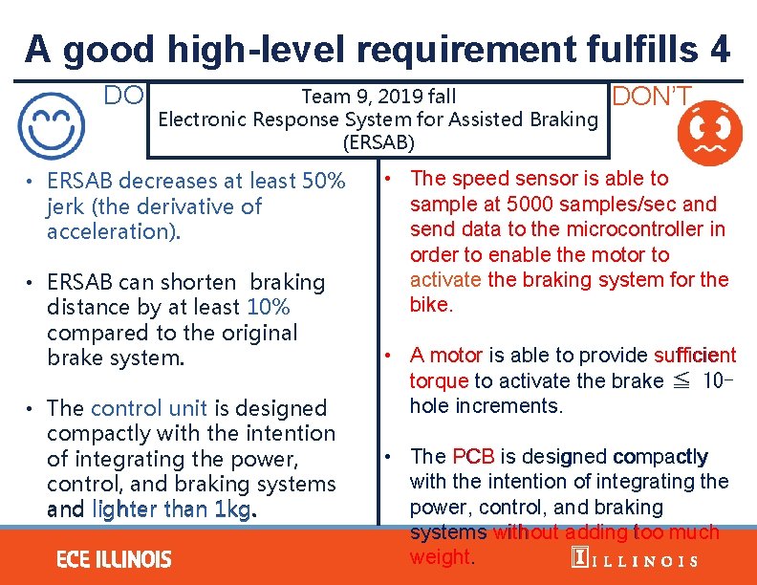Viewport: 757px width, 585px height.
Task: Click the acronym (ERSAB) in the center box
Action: tap(378, 143)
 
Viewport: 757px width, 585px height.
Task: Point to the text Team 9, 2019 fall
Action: tap(378, 96)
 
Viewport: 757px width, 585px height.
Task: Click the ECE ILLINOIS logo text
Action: tap(114, 558)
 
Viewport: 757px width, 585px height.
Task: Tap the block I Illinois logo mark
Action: tap(578, 559)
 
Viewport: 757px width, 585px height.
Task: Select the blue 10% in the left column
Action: tap(268, 307)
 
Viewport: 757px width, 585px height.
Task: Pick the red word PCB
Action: tap(473, 456)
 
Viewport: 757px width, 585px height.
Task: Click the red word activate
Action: tap(445, 280)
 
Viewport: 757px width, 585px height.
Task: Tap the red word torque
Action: tap(439, 380)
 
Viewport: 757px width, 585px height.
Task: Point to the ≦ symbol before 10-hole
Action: tap(681, 381)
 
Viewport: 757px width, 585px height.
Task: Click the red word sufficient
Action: tap(695, 356)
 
